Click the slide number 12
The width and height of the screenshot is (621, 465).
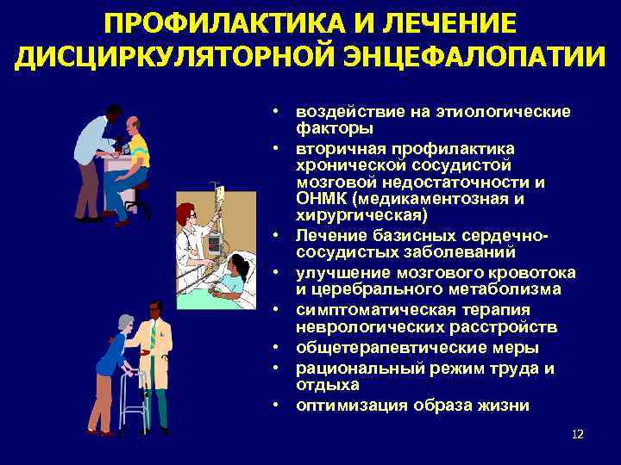tap(577, 433)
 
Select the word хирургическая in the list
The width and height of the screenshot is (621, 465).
tap(346, 214)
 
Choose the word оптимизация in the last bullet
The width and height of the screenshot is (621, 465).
tap(348, 405)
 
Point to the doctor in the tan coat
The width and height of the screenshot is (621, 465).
tap(155, 362)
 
